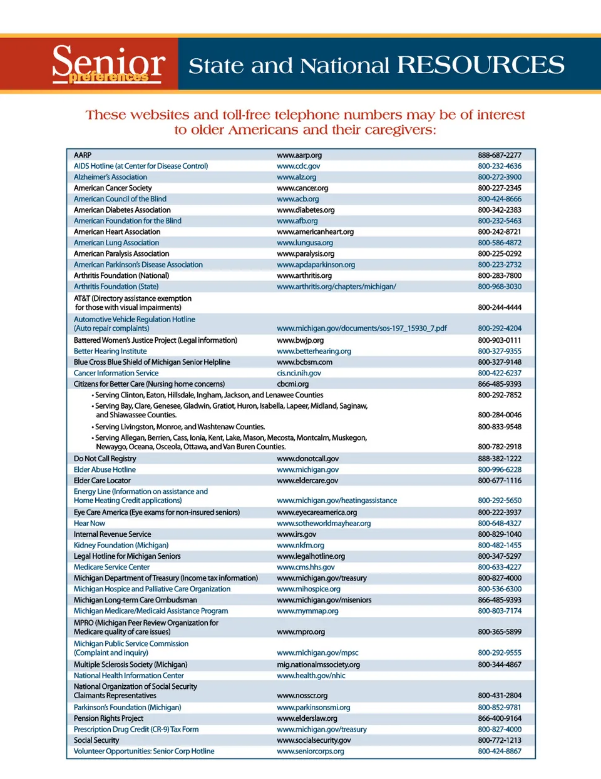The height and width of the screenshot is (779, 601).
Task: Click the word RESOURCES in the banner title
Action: point(480,65)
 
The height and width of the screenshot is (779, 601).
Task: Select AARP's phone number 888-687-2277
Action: point(499,155)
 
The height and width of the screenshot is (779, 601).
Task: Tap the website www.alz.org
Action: point(296,177)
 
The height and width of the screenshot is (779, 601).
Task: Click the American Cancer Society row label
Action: point(113,188)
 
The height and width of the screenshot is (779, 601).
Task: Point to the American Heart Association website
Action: point(315,232)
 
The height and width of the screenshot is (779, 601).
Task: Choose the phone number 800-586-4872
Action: point(499,243)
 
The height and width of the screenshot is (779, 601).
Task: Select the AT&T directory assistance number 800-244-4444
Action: point(499,307)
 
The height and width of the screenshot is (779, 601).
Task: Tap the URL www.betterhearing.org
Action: point(314,351)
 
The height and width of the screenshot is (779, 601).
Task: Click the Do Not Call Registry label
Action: point(105,459)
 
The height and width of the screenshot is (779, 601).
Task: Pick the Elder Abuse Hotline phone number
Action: point(499,469)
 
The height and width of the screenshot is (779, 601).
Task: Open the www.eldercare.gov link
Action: point(307,481)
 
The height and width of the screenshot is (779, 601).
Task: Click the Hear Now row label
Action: point(90,523)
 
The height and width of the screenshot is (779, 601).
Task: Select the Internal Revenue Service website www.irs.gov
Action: point(296,534)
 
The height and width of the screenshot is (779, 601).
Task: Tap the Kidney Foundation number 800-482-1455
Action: point(499,545)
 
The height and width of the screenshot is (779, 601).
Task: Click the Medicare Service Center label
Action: point(111,567)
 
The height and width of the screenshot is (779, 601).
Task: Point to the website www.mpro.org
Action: point(300,632)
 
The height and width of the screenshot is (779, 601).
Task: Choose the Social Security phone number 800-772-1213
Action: point(499,740)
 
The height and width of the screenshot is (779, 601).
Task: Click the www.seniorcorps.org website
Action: point(310,751)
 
